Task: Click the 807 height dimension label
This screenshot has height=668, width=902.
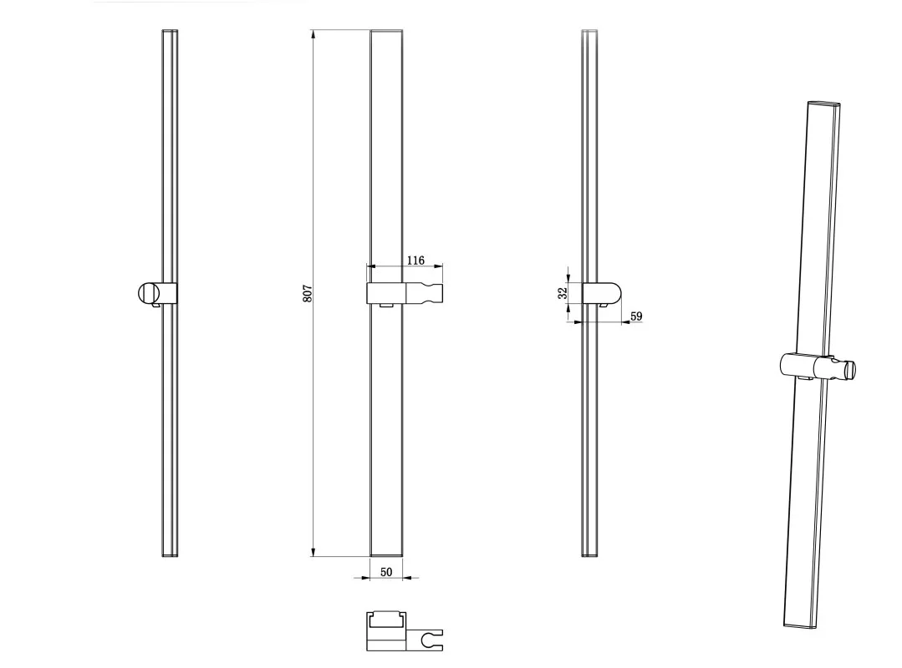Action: click(307, 294)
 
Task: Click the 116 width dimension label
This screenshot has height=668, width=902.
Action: click(415, 261)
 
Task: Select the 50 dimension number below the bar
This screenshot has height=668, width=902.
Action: click(386, 571)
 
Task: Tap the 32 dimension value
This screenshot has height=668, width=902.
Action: click(563, 292)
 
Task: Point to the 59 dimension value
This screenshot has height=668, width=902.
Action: click(636, 316)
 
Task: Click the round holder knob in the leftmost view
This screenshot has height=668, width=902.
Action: click(147, 293)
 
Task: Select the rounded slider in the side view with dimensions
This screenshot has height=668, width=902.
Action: click(602, 293)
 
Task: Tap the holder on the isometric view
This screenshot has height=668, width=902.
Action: click(818, 366)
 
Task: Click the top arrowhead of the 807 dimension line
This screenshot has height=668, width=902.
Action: click(313, 34)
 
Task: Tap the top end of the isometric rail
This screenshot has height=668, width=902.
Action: click(824, 104)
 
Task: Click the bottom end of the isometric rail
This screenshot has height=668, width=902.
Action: click(800, 626)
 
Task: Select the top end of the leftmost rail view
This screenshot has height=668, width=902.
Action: click(170, 30)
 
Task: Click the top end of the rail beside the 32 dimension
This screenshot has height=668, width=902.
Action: click(589, 30)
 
